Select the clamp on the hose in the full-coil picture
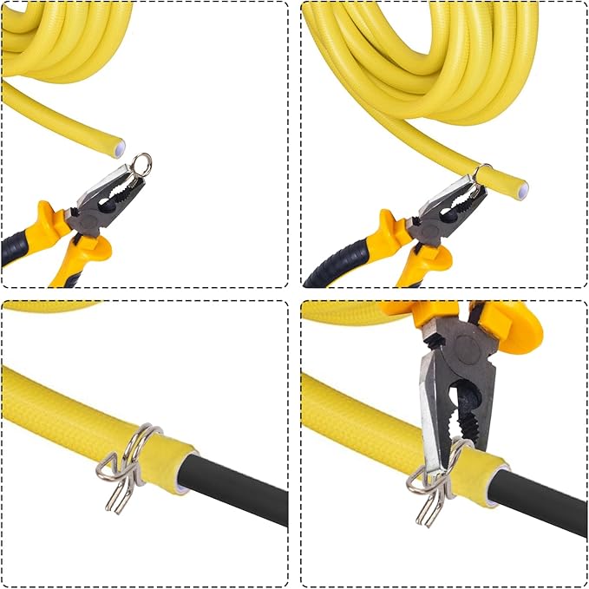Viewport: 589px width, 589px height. pos(481,173)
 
